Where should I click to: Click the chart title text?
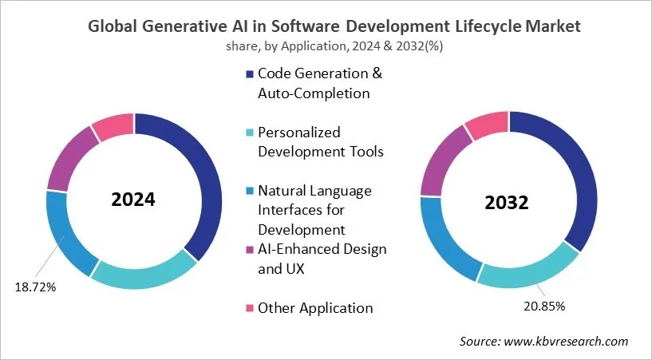pyautogui.click(x=326, y=26)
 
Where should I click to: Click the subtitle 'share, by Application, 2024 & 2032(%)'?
pyautogui.click(x=326, y=45)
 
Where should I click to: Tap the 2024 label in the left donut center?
pyautogui.click(x=134, y=200)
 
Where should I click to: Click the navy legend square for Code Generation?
pyautogui.click(x=250, y=74)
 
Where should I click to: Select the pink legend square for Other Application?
pyautogui.click(x=250, y=308)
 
